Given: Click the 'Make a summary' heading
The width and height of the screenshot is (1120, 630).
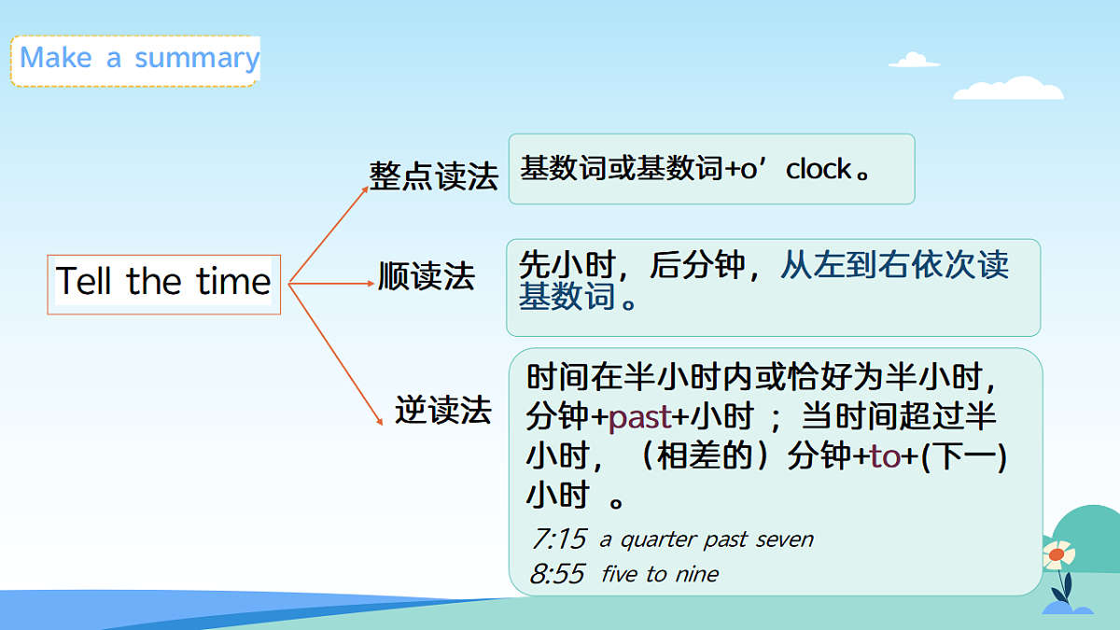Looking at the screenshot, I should pos(138,59).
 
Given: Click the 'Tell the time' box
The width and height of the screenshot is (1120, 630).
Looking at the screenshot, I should pos(163,282).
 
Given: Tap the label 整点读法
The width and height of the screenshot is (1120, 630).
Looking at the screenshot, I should pos(433,175).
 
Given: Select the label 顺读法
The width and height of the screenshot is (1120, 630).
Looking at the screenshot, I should pos(427,276).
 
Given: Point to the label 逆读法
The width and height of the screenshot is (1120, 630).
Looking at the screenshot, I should pos(442,410).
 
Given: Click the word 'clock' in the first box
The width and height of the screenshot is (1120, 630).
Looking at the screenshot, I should pos(819,170).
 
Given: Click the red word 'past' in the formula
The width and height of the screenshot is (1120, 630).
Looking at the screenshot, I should pos(639,418).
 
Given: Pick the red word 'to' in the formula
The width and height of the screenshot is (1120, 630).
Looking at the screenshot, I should pos(884,457).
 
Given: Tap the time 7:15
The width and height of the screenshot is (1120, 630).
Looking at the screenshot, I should pos(558,539).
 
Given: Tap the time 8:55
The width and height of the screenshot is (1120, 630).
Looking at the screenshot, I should pos(557,574).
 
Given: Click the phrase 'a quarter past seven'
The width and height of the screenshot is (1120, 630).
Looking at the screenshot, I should pos(706,539).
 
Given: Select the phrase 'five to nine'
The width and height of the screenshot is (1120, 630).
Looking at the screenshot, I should pos(660,574).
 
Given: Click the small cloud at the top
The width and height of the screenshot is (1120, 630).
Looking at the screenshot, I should pos(914,61).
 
